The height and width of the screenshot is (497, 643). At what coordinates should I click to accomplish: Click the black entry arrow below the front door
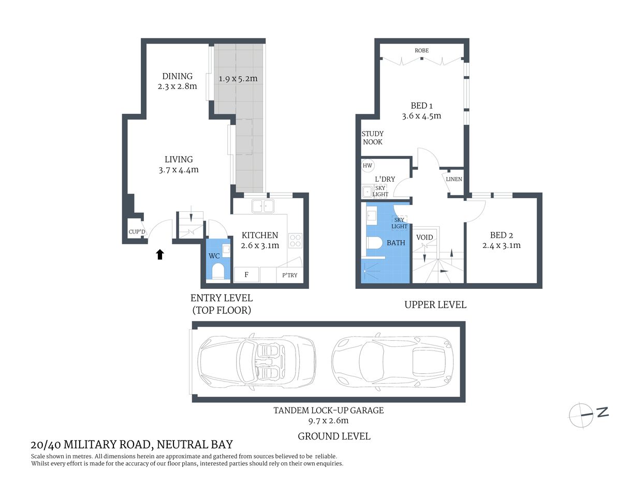[160, 254]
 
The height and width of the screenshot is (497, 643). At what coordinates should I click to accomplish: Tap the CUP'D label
[137, 231]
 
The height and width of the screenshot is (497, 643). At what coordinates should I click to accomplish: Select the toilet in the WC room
[218, 271]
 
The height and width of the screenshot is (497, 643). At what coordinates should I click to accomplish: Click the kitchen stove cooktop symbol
[295, 240]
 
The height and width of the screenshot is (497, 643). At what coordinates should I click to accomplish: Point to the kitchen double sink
[263, 206]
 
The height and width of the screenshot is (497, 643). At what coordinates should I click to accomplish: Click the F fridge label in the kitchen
[246, 274]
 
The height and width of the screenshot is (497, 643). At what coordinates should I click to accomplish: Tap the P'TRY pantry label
[290, 275]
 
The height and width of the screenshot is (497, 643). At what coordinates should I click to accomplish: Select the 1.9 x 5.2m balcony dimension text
[238, 79]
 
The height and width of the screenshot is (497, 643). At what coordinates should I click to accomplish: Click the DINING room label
[177, 76]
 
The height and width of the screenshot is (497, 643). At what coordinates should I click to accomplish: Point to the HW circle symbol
[368, 166]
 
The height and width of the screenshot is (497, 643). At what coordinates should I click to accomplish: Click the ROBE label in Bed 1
[421, 50]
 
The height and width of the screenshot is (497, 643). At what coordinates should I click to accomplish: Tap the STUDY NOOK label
[372, 138]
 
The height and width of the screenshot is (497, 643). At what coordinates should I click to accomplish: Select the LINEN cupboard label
[454, 179]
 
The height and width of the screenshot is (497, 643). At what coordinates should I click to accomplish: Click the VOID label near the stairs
[425, 237]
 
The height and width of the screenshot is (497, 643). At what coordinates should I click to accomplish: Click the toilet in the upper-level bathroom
[374, 242]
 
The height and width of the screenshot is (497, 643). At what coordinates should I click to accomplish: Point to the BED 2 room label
[501, 235]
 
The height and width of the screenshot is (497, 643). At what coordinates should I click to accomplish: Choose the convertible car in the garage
[257, 360]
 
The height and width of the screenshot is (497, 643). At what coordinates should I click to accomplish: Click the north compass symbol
[581, 415]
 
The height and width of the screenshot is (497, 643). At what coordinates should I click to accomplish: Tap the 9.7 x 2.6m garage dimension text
[328, 420]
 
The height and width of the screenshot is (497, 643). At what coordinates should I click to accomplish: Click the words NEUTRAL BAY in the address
[195, 444]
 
